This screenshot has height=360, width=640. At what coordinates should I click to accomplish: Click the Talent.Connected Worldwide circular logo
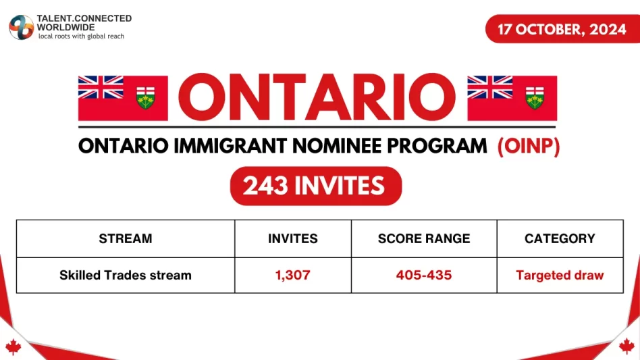21,27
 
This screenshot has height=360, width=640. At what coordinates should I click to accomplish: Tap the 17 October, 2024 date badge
562,29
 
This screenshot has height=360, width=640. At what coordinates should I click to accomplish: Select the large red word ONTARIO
317,97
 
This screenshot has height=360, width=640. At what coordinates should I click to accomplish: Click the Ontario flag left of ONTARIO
123,98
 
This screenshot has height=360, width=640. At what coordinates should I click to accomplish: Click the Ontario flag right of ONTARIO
512,98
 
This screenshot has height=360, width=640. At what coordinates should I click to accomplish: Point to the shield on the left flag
145,97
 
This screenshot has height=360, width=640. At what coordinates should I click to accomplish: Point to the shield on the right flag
535,97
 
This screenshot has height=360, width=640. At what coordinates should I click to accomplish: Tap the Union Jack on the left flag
101,87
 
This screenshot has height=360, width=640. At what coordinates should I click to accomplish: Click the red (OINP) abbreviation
529,146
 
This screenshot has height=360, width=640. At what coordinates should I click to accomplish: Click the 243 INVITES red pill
316,186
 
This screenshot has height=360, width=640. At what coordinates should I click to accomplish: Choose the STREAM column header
126,238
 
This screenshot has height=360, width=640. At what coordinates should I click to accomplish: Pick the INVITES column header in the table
292,238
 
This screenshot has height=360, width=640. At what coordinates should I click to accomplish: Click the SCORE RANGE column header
424,238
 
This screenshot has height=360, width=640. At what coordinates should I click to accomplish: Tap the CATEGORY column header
560,238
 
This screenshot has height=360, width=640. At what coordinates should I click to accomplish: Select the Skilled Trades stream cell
126,275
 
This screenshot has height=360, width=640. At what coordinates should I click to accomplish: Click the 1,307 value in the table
292,275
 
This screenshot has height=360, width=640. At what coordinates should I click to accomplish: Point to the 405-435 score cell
424,275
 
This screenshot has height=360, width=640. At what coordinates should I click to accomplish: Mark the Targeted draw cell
560,275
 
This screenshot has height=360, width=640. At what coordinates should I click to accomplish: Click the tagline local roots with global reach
81,36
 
